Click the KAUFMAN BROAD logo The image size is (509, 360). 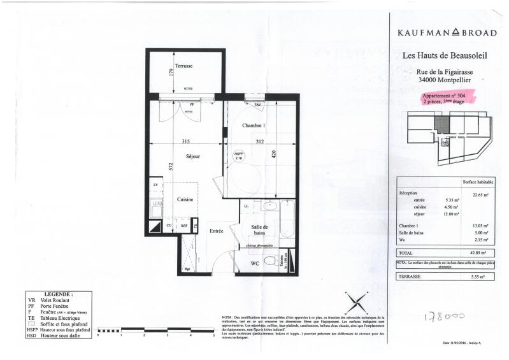(447, 32)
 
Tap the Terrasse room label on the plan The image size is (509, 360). (185, 66)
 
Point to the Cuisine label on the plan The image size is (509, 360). (185, 199)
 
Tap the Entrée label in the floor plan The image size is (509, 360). (217, 231)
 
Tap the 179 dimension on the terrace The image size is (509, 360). (171, 71)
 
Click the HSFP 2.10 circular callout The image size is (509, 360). (240, 157)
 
